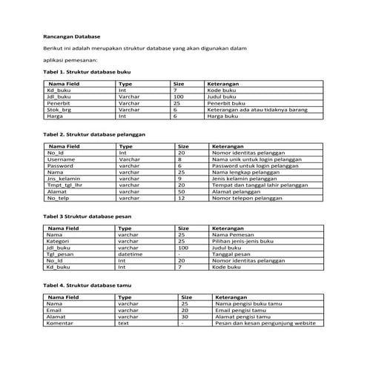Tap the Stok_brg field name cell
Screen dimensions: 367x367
coord(60,110)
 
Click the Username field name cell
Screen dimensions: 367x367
coord(61,159)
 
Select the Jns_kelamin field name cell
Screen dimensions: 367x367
coord(63,179)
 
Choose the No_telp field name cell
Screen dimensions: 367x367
coord(59,199)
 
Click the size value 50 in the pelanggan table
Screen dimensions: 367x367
coord(181,192)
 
